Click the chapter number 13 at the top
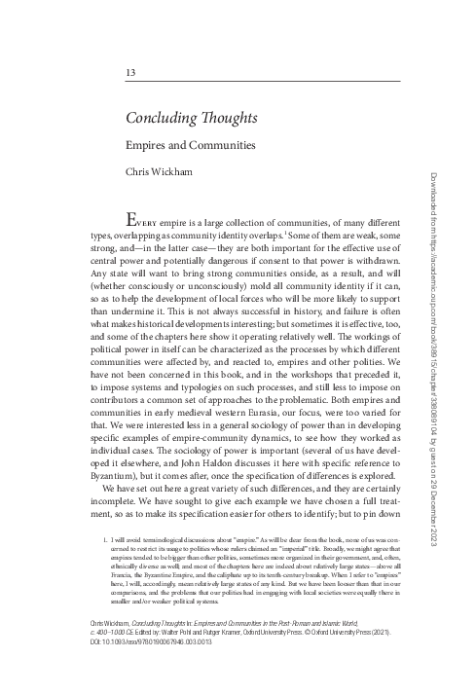[130, 74]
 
